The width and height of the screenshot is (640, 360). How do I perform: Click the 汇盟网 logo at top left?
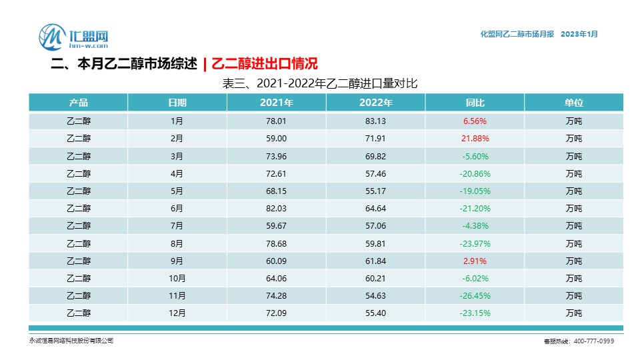pyautogui.click(x=73, y=37)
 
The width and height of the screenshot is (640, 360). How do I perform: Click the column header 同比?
pyautogui.click(x=475, y=103)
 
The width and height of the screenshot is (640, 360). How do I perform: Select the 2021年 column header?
pyautogui.click(x=276, y=103)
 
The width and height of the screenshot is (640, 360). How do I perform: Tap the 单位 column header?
pyautogui.click(x=573, y=103)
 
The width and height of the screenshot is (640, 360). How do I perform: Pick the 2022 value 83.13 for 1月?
pyautogui.click(x=375, y=121)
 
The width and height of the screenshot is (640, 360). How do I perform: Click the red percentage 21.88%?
pyautogui.click(x=475, y=139)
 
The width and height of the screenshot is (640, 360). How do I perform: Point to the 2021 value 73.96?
pyautogui.click(x=276, y=156)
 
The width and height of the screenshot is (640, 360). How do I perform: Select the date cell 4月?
pyautogui.click(x=177, y=173)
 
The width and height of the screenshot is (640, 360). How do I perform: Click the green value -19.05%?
pyautogui.click(x=475, y=191)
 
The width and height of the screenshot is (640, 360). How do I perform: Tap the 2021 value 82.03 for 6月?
pyautogui.click(x=276, y=209)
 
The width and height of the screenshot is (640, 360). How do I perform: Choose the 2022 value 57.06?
pyautogui.click(x=375, y=226)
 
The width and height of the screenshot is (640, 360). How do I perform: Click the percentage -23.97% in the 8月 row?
pyautogui.click(x=475, y=243)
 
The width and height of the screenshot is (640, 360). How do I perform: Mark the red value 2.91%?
pyautogui.click(x=475, y=261)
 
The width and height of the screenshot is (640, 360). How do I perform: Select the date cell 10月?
pyautogui.click(x=177, y=278)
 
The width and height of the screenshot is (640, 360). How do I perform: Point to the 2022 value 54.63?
pyautogui.click(x=375, y=295)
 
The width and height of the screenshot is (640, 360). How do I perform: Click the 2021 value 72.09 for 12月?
pyautogui.click(x=276, y=313)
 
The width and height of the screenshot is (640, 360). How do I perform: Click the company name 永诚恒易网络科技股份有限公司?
pyautogui.click(x=71, y=341)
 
